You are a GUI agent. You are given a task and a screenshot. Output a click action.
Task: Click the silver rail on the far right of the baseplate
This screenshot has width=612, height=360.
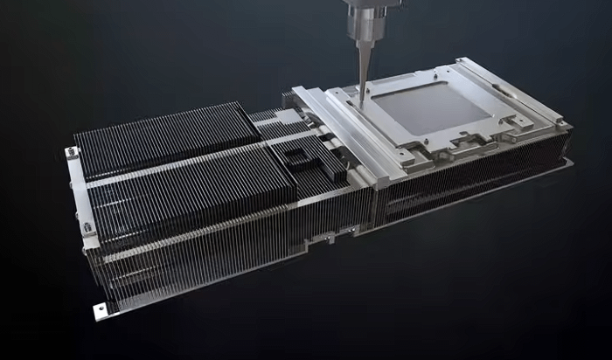[516, 96]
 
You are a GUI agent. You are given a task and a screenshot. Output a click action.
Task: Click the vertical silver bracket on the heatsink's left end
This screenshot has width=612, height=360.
[78, 192]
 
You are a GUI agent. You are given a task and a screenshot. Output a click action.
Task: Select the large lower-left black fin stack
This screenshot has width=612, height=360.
[192, 197]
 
